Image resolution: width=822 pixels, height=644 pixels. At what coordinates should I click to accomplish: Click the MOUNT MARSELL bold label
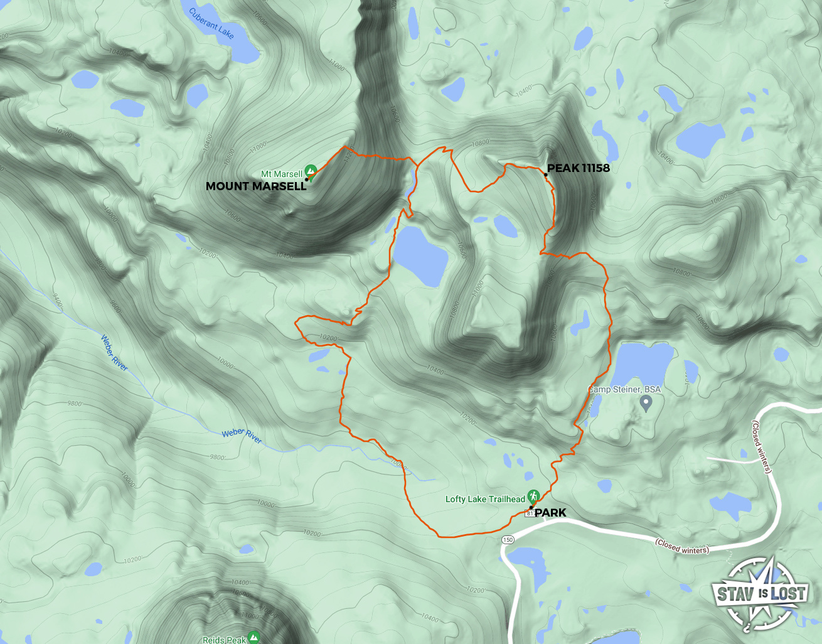(256, 186)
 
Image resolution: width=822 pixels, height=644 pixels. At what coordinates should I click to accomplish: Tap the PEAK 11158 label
(578, 168)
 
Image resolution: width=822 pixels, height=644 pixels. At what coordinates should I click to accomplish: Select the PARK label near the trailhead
(550, 513)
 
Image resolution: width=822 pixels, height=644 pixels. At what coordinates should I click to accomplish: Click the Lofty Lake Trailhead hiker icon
(533, 496)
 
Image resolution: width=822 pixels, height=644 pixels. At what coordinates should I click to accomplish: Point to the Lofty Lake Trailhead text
(485, 499)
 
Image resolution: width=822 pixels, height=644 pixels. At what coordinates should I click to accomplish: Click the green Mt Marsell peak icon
(310, 171)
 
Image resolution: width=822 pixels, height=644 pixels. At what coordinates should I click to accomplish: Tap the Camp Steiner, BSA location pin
(646, 404)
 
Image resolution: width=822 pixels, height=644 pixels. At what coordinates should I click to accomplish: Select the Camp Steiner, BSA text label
(624, 389)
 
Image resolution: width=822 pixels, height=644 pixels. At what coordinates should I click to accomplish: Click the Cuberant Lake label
(211, 24)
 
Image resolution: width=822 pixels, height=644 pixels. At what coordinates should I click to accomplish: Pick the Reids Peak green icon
(254, 637)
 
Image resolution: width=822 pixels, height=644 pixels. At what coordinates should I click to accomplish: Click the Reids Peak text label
(224, 640)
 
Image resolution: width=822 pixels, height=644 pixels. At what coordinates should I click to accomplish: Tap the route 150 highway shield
(508, 540)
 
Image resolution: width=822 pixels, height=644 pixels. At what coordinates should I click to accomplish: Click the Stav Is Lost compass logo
(760, 593)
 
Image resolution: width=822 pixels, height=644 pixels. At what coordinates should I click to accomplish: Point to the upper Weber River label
(114, 353)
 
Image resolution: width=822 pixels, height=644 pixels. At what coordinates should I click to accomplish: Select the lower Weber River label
(242, 435)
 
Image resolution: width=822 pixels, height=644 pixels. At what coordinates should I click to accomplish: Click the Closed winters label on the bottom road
(682, 546)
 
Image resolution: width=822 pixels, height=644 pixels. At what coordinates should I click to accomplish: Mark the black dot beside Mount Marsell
(306, 180)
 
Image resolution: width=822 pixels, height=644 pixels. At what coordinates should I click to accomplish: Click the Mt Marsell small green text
(281, 174)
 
